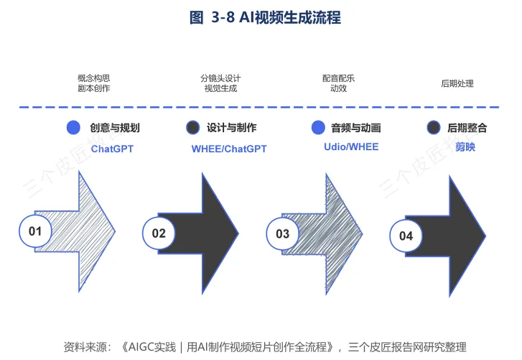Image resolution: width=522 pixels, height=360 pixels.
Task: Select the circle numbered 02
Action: pos(159,233)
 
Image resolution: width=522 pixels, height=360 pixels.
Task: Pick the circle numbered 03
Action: pos(282,233)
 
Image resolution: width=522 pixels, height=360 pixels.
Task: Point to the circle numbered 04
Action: pos(406,236)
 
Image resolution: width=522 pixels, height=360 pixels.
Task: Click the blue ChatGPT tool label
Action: pos(112,149)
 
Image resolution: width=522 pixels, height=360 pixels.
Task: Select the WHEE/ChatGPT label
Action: pos(229,149)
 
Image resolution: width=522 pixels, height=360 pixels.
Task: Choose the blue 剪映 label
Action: pos(465,147)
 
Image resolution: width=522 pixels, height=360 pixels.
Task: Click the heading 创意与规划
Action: pos(114,128)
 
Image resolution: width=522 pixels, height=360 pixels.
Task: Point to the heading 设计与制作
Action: pos(231,128)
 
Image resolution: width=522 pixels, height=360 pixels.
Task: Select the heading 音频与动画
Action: pos(355,128)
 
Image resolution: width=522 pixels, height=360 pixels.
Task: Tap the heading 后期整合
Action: pos(467,128)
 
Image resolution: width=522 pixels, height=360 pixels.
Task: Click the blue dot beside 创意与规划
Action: pos(73,128)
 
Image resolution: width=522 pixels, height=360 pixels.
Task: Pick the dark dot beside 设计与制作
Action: pos(192,128)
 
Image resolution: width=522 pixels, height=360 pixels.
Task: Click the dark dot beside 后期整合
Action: pos(433,128)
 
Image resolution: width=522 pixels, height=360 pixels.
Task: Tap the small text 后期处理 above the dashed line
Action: pos(457,83)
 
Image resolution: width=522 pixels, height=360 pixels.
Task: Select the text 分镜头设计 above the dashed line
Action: pos(220,78)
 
